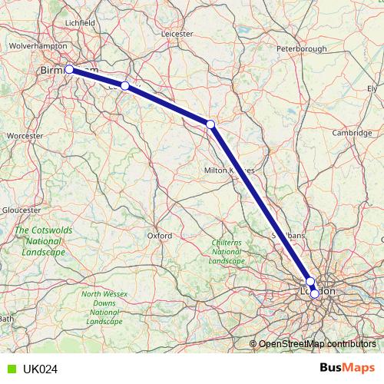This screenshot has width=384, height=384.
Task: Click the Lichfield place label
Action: (x=81, y=23)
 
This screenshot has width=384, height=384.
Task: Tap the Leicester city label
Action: (x=177, y=34)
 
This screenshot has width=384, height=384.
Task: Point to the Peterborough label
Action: (x=302, y=48)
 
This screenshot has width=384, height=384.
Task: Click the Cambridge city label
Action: (x=352, y=133)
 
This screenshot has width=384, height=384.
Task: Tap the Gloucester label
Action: (x=21, y=210)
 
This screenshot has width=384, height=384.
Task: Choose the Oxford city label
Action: (x=159, y=236)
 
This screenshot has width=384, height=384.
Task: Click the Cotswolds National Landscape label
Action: (x=43, y=241)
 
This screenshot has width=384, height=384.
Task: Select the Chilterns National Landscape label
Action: (x=226, y=252)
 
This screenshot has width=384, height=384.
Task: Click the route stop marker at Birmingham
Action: (x=69, y=69)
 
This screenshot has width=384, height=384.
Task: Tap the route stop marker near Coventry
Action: (x=124, y=86)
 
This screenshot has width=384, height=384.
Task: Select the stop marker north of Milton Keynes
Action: (x=210, y=124)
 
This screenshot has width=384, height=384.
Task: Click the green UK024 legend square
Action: (x=9, y=369)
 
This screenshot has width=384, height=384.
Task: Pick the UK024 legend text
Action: (x=40, y=369)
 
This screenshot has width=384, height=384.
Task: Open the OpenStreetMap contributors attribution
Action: (x=315, y=343)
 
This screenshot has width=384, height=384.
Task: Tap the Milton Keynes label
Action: (x=229, y=170)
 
